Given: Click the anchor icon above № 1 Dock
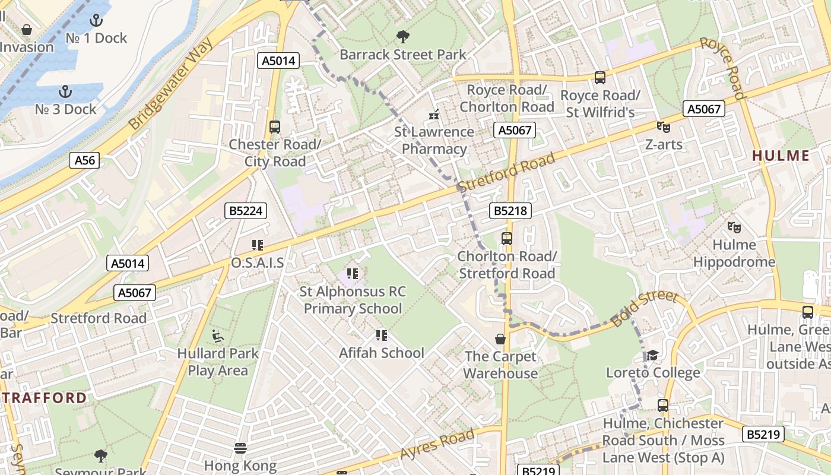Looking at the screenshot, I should coord(96,21).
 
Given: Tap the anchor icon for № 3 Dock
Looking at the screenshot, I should coord(65,92).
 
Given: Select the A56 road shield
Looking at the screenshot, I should coord(84,160).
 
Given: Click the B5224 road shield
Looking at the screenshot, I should coord(246,211).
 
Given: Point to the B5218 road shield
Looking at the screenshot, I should coord(510,211).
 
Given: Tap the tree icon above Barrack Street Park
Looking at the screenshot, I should coord(402,37).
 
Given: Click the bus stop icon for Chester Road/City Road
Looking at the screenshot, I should coord(274,127).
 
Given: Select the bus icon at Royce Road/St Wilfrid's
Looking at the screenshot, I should coord(600,78).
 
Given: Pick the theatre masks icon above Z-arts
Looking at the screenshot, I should coord(663,127).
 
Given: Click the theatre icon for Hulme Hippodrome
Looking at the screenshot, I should coord(734,227).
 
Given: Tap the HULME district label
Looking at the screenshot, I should coord(781,156).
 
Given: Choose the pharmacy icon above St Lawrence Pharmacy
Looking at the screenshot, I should coord(434,114).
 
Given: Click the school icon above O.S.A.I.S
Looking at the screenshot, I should coord(257,245).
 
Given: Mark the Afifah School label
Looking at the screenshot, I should coord(381,353).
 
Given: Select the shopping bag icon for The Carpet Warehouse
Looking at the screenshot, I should coord(500,339).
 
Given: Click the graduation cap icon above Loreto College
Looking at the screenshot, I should coord(652,355).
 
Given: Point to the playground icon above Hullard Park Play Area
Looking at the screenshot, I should coord(218,336).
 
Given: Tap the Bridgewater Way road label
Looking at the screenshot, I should coord(171,86).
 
